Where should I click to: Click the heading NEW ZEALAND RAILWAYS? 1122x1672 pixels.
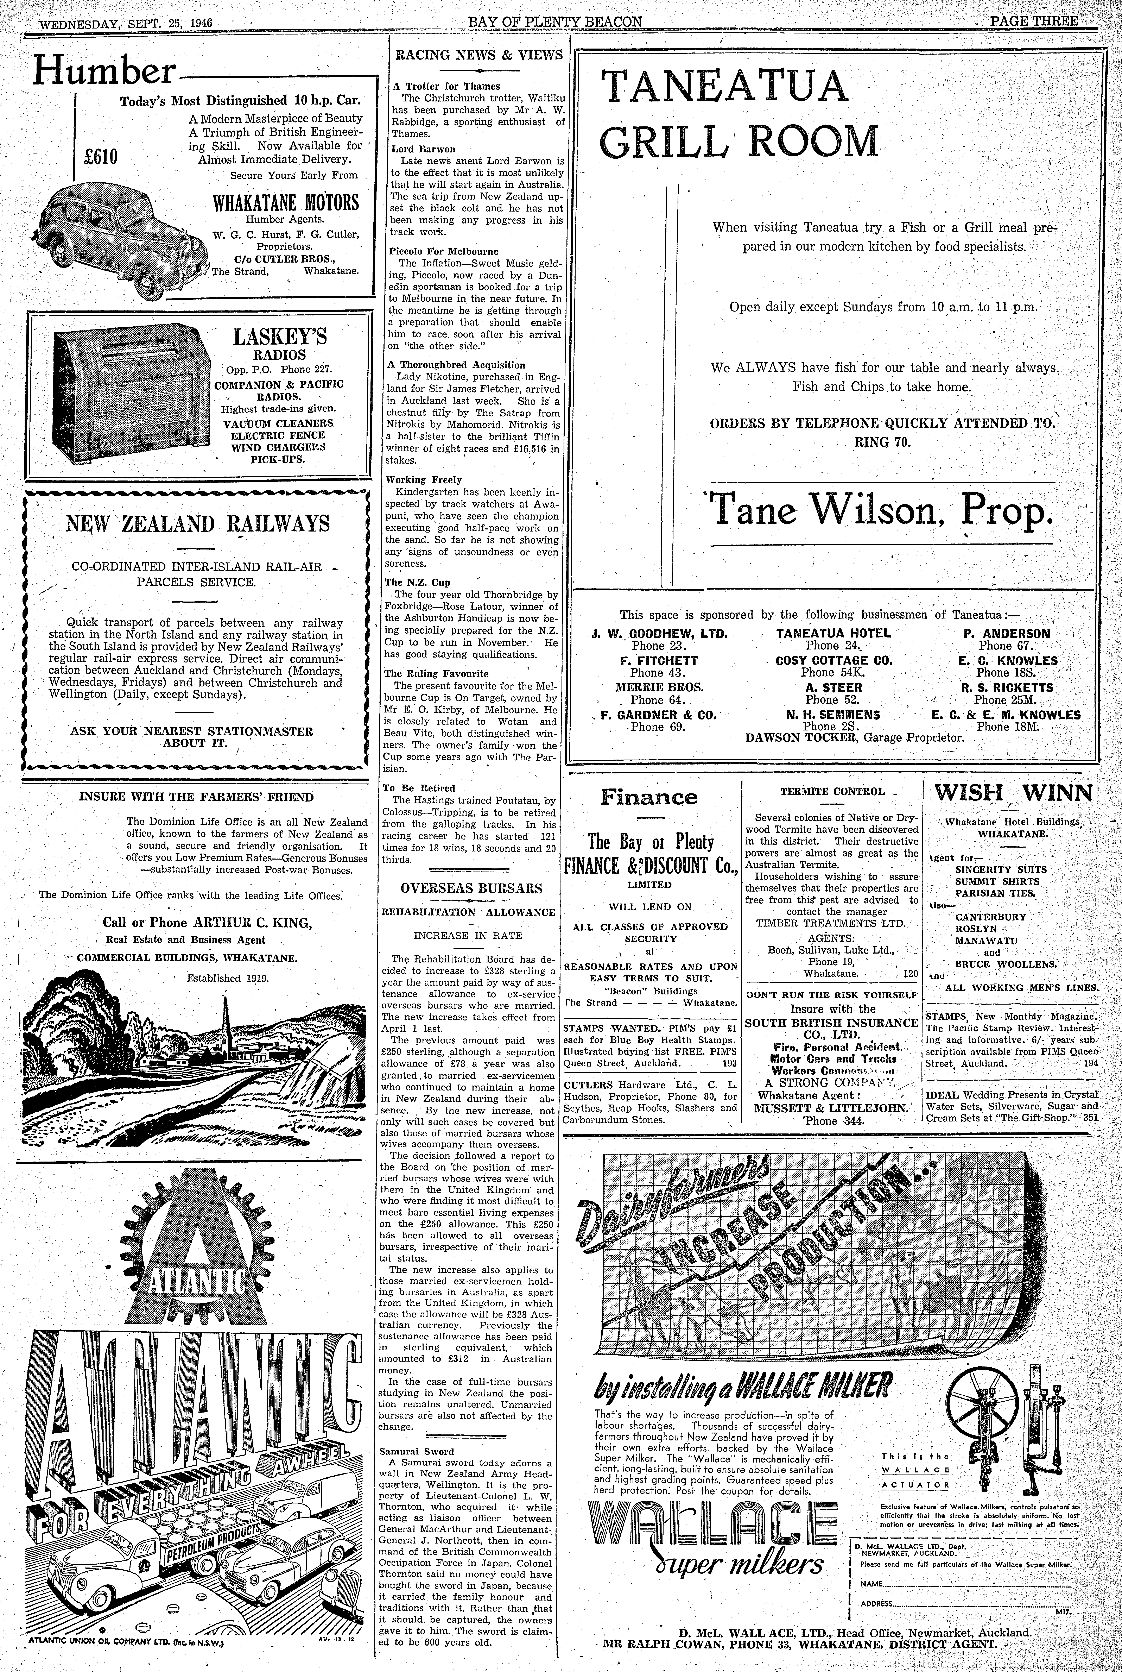pos(198,523)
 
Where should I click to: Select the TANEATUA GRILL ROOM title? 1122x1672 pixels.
pos(737,114)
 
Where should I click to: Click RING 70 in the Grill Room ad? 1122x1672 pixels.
pos(882,441)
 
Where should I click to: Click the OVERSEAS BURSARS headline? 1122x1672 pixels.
pos(471,888)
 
